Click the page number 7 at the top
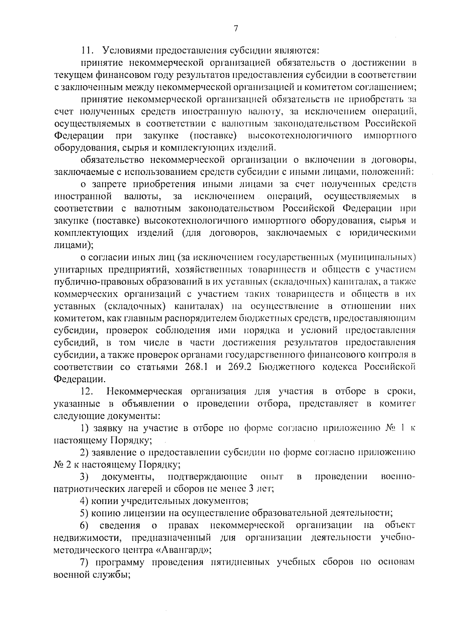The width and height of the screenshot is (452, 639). pos(235,29)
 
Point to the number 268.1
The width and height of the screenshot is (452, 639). pos(196,367)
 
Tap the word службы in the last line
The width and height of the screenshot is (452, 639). pos(113,575)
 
